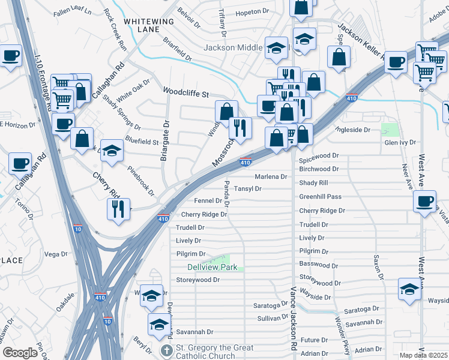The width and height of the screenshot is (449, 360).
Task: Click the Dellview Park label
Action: pyautogui.click(x=212, y=267)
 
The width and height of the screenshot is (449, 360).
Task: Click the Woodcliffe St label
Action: pyautogui.click(x=186, y=94)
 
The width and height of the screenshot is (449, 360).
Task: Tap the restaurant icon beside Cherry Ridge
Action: pyautogui.click(x=117, y=208)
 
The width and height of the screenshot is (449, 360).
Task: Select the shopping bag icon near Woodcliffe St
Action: pyautogui.click(x=226, y=111)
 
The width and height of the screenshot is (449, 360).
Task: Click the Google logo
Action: pyautogui.click(x=20, y=353)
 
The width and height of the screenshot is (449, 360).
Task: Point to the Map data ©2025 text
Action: pyautogui.click(x=424, y=355)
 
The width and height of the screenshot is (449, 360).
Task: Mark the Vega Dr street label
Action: pyautogui.click(x=55, y=254)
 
